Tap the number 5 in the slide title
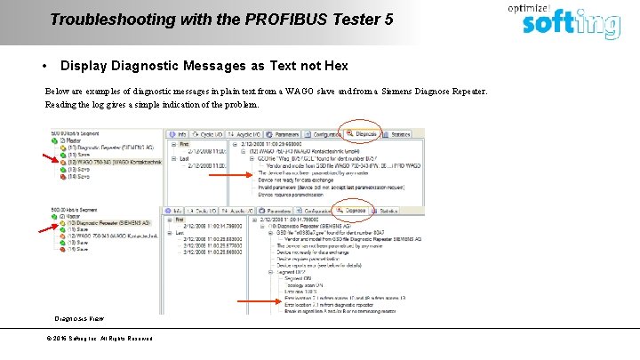click(388, 18)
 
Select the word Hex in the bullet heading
click(336, 66)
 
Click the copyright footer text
click(99, 338)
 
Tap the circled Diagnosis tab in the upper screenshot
click(362, 133)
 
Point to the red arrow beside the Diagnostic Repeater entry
click(46, 228)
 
